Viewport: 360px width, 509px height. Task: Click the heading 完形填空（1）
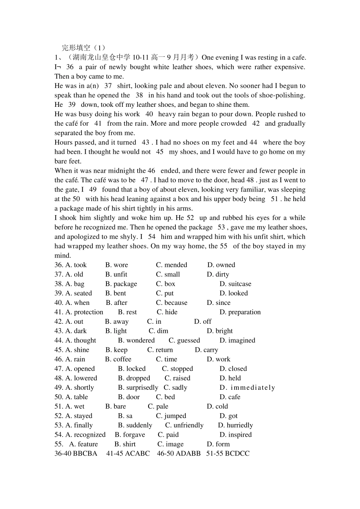point(84,48)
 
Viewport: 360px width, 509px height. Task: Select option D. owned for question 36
point(221,265)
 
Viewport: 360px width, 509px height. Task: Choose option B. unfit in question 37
point(116,274)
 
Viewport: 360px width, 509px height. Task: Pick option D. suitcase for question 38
point(235,284)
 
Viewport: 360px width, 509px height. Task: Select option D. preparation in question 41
point(240,312)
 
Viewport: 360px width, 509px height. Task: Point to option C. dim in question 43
point(158,331)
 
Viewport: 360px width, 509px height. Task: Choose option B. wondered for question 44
point(136,340)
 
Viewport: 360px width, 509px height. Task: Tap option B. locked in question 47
point(132,368)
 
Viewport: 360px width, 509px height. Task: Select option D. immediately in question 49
point(247,387)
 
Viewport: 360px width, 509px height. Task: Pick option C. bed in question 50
point(165,397)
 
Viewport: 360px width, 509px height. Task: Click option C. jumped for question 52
point(171,416)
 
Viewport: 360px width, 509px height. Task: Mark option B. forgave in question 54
point(130,435)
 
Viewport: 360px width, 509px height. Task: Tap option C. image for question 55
point(171,444)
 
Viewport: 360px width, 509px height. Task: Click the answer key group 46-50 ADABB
point(178,453)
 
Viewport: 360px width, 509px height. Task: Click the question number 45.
point(58,350)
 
